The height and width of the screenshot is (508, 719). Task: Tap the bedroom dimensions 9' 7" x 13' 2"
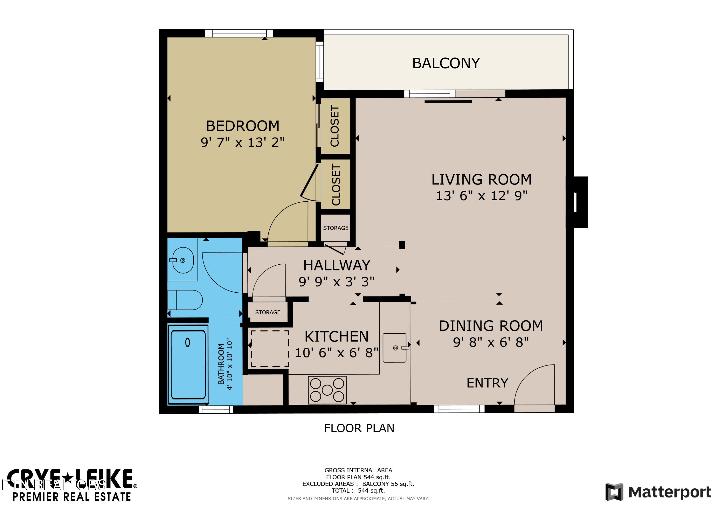click(242, 143)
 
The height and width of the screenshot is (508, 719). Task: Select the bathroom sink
click(183, 260)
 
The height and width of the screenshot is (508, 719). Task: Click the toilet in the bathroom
click(185, 300)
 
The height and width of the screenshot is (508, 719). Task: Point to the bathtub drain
click(188, 342)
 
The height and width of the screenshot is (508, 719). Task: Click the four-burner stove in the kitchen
click(327, 390)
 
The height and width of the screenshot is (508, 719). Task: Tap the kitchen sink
click(395, 348)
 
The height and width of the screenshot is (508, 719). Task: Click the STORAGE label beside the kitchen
click(268, 312)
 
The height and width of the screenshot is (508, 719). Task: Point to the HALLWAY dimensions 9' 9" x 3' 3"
click(336, 282)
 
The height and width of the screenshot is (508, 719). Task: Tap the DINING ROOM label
click(491, 326)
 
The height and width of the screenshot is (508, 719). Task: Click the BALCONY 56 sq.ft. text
click(388, 484)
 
